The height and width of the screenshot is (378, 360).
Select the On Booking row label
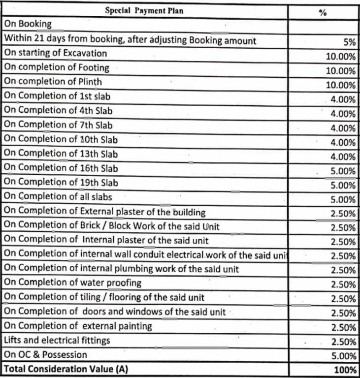pyautogui.click(x=28, y=24)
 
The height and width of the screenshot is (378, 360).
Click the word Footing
pyautogui.click(x=94, y=67)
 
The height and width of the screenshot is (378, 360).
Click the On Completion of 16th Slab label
pyautogui.click(x=61, y=168)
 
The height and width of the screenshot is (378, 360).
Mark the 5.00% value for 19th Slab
pyautogui.click(x=343, y=186)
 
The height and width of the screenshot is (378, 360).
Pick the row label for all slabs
pyautogui.click(x=58, y=197)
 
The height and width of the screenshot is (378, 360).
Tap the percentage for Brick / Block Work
pyautogui.click(x=343, y=227)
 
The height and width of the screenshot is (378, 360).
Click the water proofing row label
pyautogui.click(x=72, y=283)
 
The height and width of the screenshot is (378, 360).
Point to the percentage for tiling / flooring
pyautogui.click(x=343, y=299)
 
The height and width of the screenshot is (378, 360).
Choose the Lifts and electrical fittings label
pyautogui.click(x=57, y=340)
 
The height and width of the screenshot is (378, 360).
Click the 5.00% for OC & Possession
pyautogui.click(x=343, y=355)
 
